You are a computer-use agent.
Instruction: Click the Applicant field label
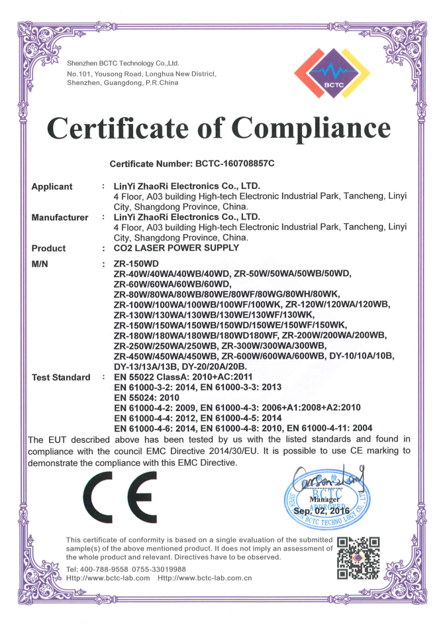coord(52,187)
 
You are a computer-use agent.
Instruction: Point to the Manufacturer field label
coord(60,217)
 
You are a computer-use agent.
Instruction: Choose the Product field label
coord(48,249)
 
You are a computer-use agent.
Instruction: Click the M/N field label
coord(41,264)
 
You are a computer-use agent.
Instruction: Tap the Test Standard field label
coord(61,377)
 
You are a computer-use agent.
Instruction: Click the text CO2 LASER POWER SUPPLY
coord(176,249)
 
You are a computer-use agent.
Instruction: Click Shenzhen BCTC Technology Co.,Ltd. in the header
coord(123,63)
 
